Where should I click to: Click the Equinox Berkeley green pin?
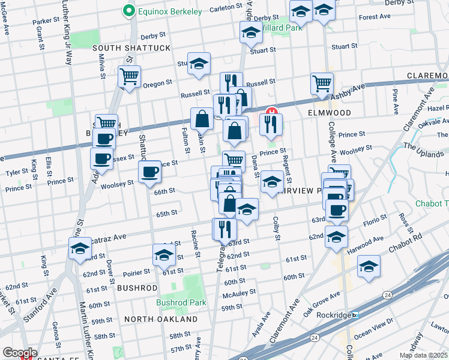tap(128, 10)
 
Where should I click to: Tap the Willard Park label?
tap(282, 27)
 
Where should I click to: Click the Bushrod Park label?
tap(181, 303)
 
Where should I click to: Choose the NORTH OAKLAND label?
tap(160, 319)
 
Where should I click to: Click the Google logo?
tap(20, 353)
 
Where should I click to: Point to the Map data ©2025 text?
tap(423, 355)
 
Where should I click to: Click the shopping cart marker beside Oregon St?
tap(130, 76)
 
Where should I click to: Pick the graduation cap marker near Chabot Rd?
tap(369, 266)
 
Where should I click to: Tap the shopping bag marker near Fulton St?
tap(202, 119)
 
